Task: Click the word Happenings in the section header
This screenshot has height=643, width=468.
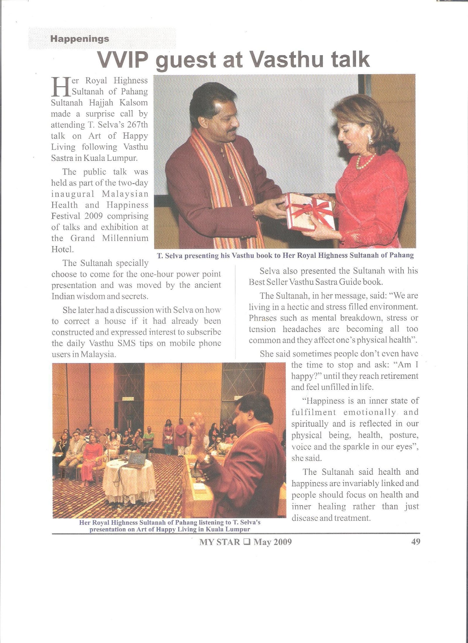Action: coord(80,39)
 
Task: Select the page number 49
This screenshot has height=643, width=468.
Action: coord(416,542)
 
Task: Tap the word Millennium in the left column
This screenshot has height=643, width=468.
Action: coord(125,238)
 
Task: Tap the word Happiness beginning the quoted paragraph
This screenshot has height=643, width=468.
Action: coord(325,401)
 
